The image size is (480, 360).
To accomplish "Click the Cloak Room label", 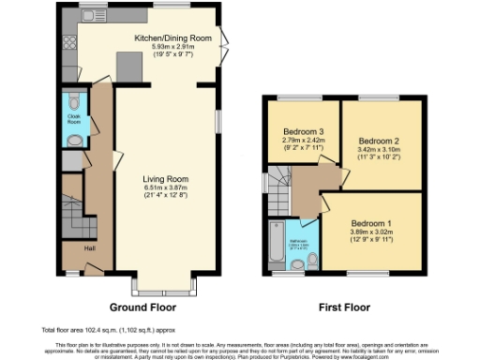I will (x=73, y=120).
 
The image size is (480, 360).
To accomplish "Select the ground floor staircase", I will (x=73, y=216).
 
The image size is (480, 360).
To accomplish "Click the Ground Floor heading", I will (x=143, y=307).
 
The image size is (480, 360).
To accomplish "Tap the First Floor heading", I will (x=343, y=307).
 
